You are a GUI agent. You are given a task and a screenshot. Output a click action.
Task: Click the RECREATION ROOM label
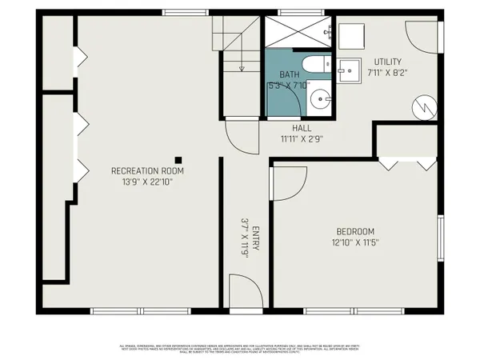pos(147,170)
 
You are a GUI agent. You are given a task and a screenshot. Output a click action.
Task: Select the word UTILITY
pos(388,62)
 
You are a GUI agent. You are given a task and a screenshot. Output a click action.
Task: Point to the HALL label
pos(302,127)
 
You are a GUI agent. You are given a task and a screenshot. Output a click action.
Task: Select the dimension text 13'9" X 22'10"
pos(147,182)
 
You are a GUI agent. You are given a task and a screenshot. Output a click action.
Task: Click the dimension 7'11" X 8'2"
pos(388,74)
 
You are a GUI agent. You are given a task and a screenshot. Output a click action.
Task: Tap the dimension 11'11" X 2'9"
pos(302,138)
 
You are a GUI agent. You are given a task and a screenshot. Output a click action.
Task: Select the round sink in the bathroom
pos(319,100)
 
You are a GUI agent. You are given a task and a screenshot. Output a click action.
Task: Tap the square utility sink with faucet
pos(349,71)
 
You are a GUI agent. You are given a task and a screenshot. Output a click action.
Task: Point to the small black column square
pos(179,159)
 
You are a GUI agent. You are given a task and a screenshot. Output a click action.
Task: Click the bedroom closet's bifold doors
pos(406,163)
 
